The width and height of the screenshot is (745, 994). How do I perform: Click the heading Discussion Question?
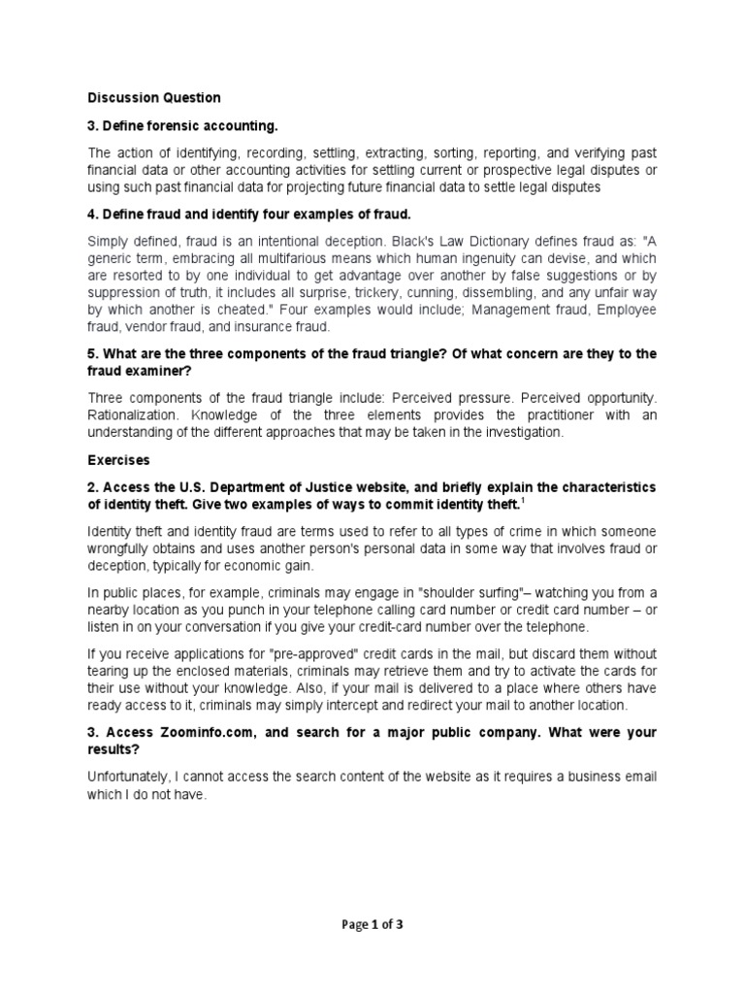tap(154, 98)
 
